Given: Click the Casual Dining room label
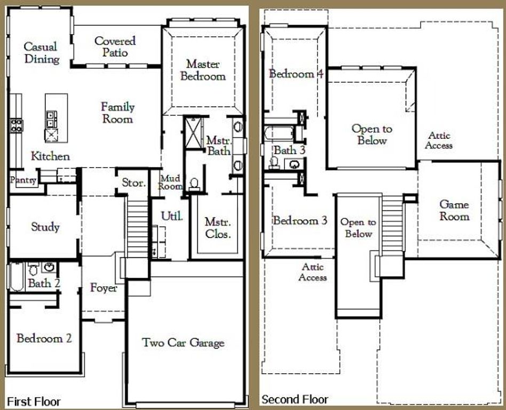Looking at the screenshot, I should click(x=41, y=53).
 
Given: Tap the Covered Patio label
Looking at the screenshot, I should click(x=115, y=46).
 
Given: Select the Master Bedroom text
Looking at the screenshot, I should click(x=203, y=70).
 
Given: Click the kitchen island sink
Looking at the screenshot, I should click(x=52, y=119).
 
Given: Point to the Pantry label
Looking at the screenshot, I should click(x=22, y=180).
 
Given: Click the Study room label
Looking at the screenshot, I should click(x=45, y=227).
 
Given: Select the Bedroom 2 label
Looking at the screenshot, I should click(x=44, y=338).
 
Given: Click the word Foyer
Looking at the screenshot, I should click(x=104, y=288).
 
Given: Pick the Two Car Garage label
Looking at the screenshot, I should click(x=183, y=343).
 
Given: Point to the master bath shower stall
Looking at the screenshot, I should click(x=193, y=133).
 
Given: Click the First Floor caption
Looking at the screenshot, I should click(x=34, y=401).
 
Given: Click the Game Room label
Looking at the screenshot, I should click(x=454, y=210).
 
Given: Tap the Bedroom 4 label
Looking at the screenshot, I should click(x=296, y=74).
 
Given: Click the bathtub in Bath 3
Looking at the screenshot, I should click(x=279, y=132).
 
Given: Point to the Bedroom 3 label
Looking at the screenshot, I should click(x=300, y=220).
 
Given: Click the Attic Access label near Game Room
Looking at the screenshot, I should click(x=439, y=141).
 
